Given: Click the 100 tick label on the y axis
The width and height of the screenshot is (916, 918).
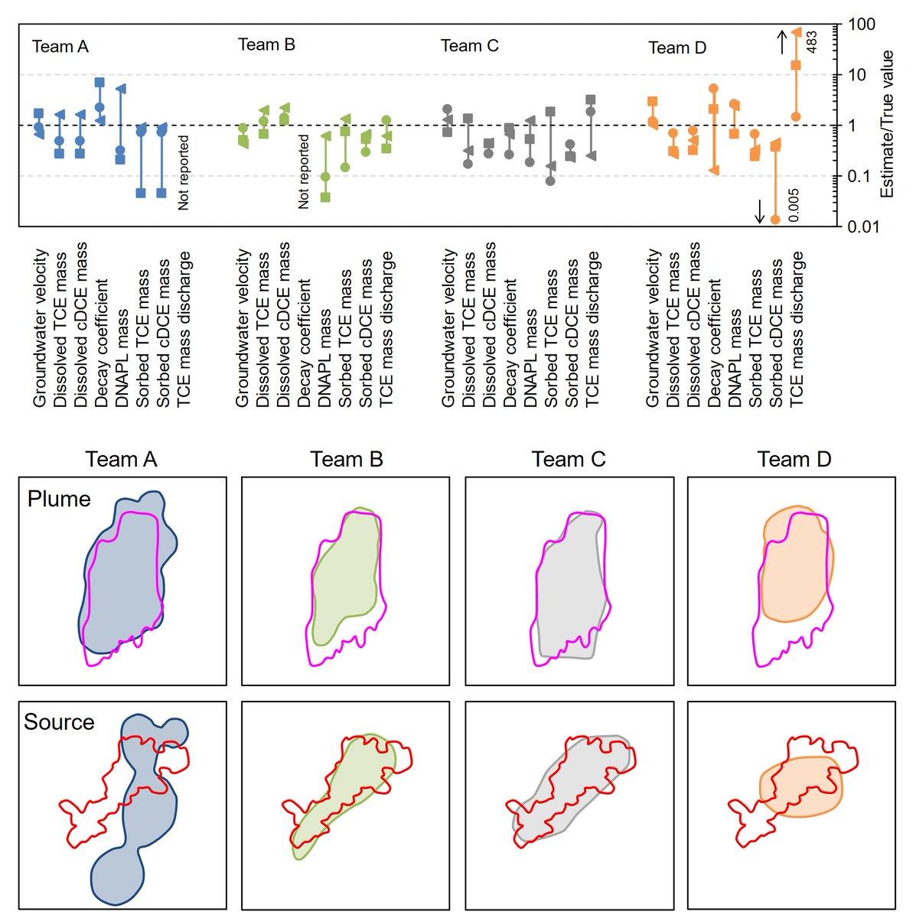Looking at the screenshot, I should click(862, 25).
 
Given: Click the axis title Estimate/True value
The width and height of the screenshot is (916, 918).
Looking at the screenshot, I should click(888, 124).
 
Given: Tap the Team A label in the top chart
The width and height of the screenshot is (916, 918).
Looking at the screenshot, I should click(60, 47).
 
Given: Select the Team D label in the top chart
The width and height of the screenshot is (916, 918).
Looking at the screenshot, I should click(677, 48).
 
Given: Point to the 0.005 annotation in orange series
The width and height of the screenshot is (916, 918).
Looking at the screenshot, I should click(794, 206).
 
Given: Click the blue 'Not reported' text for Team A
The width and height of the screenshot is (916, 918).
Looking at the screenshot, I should click(184, 173).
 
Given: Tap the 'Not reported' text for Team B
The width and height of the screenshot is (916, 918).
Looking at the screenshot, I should click(304, 171).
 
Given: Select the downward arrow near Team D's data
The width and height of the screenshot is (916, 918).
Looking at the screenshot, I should click(760, 210).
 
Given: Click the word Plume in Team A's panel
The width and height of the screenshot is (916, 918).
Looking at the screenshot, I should click(59, 499).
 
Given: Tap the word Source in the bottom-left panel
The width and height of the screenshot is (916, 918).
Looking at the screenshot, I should click(59, 722).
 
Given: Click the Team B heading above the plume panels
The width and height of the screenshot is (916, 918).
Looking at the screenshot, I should click(347, 460).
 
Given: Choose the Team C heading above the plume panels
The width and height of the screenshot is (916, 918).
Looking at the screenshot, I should click(569, 460).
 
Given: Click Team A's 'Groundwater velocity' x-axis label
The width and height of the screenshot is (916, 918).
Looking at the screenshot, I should click(41, 327).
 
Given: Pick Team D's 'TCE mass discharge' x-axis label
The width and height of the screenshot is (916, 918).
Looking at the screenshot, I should click(797, 328).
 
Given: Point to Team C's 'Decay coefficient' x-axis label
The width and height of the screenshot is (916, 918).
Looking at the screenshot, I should click(510, 343).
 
